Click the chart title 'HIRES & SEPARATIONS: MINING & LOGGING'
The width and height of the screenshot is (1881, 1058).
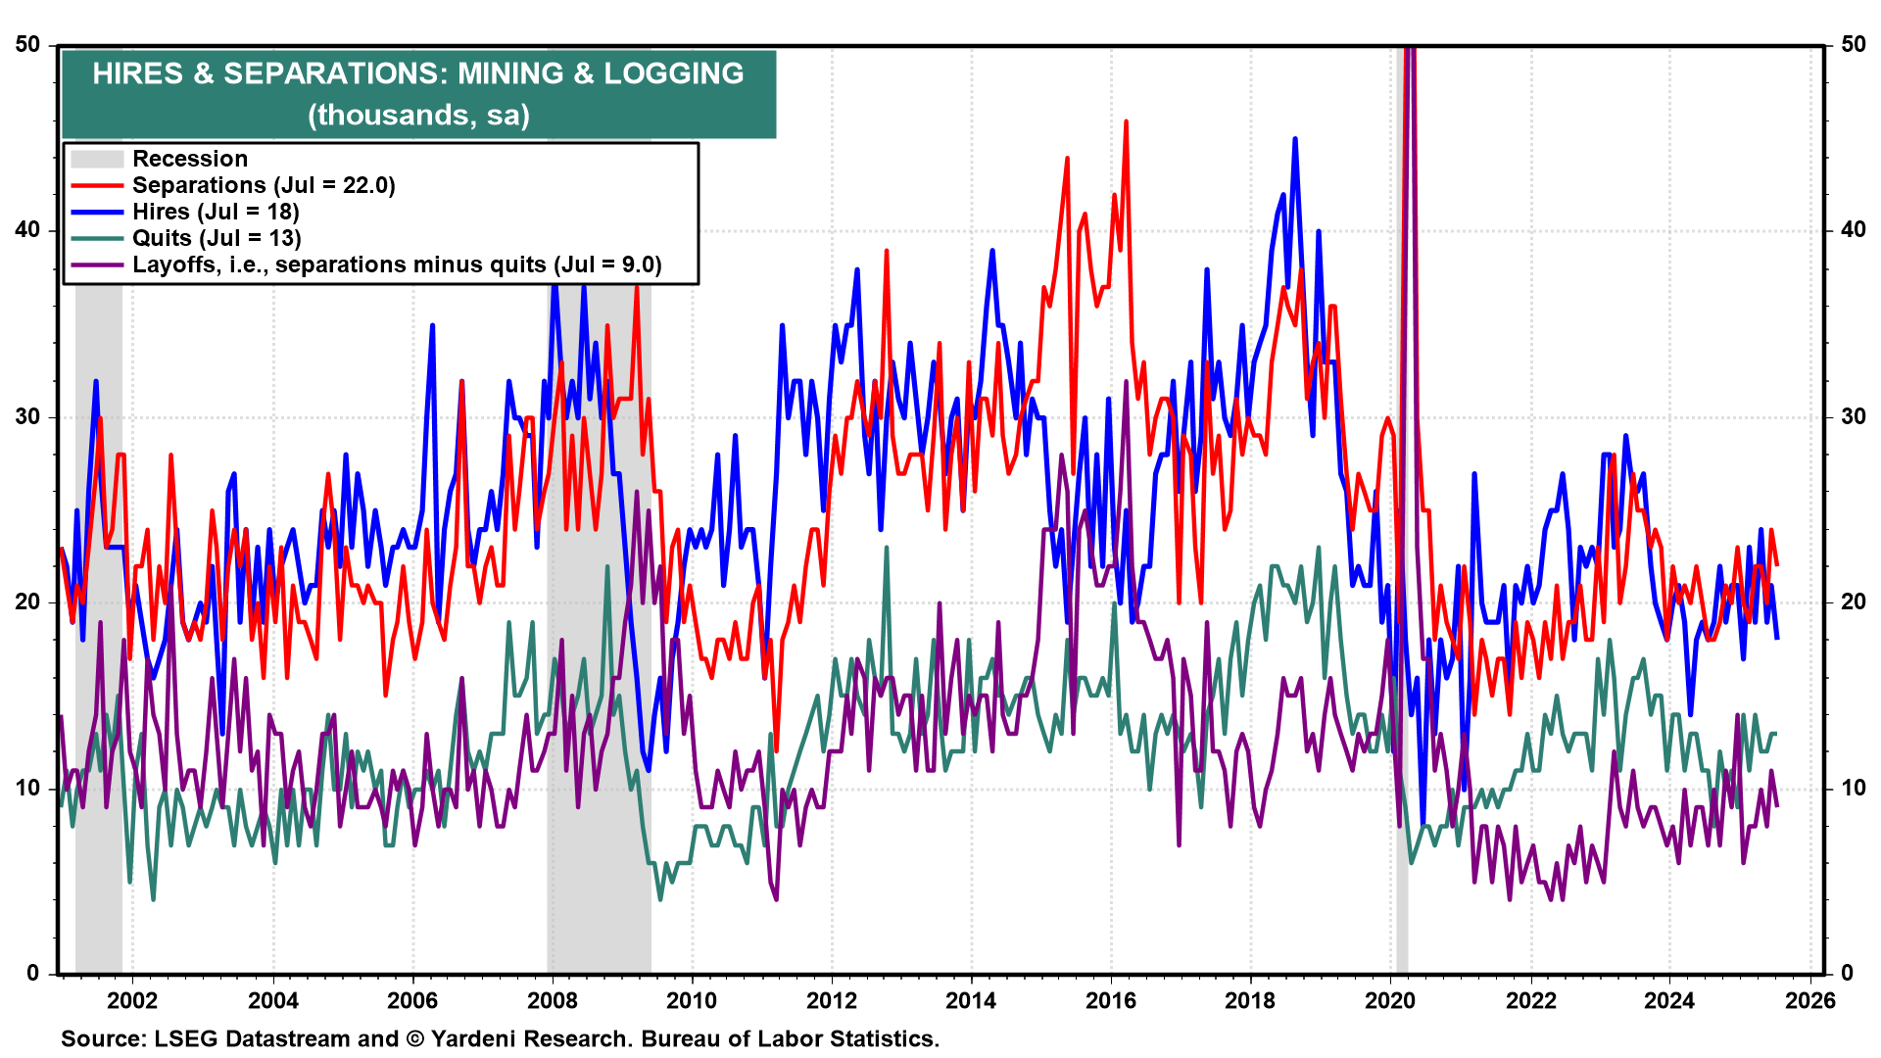418,73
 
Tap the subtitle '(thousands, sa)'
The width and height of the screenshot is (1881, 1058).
418,115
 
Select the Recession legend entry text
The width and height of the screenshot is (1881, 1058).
190,159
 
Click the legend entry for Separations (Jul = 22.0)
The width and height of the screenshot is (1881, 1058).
264,185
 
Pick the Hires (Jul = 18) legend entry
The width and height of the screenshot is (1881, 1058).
216,212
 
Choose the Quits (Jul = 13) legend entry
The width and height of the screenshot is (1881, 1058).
217,238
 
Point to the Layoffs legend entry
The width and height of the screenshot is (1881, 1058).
397,264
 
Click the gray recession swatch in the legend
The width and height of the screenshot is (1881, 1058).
97,159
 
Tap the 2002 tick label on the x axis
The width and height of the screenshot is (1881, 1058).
132,1000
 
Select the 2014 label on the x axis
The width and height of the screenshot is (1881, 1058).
971,1000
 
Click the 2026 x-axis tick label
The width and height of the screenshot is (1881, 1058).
1809,1000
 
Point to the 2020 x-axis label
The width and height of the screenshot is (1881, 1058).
1390,1000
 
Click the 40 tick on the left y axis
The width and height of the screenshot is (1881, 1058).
27,230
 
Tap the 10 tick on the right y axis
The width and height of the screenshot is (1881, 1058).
1854,788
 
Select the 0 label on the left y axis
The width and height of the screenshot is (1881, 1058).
33,973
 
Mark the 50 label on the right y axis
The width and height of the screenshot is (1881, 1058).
1854,44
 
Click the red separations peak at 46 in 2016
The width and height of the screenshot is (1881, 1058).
1126,121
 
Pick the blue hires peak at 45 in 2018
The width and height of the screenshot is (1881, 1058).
1295,139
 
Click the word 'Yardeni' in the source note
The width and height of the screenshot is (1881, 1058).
472,1038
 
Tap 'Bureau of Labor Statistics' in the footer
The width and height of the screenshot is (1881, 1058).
790,1038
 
